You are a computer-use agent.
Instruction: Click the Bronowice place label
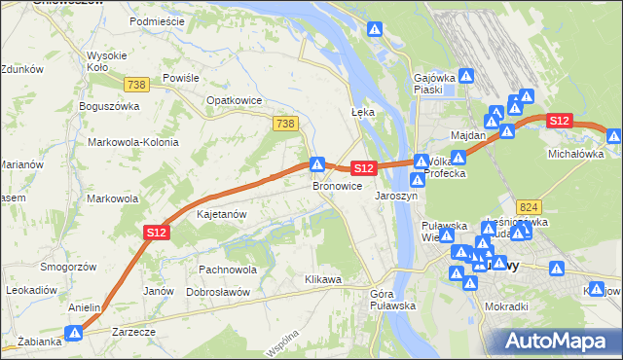(338, 186)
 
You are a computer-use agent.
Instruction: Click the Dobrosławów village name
(218, 292)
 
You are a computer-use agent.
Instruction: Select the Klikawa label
(322, 280)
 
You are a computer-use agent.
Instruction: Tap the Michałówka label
(575, 154)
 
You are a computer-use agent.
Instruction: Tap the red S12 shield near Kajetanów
(158, 232)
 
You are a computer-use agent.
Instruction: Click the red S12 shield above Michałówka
(558, 121)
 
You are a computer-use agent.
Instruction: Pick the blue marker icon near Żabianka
(74, 334)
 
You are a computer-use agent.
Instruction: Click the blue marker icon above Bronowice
(316, 163)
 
